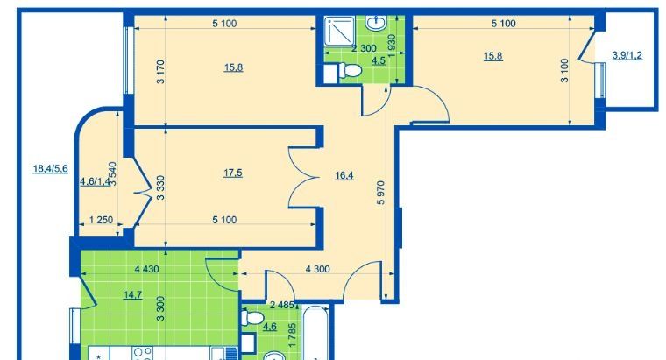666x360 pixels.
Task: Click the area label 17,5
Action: point(233,173)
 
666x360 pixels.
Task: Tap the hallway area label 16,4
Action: point(344,175)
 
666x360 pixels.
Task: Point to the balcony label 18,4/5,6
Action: point(51,169)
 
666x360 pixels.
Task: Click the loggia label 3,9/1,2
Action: point(627,55)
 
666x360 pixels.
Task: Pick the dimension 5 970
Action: point(380,193)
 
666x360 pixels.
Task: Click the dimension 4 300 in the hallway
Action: point(318,269)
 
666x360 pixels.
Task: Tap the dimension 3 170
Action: point(160,72)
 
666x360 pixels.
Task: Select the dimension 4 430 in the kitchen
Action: point(146,269)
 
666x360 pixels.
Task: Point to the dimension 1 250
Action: point(101,220)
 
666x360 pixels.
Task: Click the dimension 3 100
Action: point(564,70)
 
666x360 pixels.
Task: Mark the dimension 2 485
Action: point(282,305)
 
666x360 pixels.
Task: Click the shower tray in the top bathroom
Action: point(339,31)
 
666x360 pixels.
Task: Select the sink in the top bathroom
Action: point(375,23)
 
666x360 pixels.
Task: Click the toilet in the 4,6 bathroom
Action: point(252,318)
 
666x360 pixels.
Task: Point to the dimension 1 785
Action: point(292,335)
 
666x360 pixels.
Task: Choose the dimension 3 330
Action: point(160,187)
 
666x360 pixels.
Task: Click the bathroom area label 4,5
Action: point(379,61)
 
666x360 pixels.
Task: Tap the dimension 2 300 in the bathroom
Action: point(364,48)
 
